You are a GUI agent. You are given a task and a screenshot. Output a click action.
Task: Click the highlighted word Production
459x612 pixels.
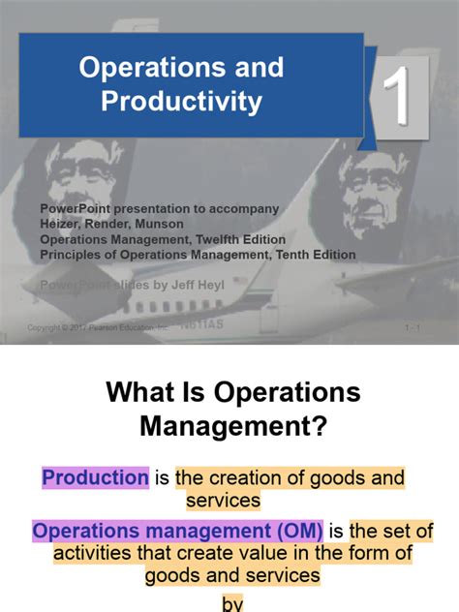tap(95, 477)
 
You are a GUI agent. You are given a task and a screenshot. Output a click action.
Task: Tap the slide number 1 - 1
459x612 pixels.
tap(413, 328)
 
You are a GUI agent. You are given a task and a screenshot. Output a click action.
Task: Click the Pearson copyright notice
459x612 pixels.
tap(98, 328)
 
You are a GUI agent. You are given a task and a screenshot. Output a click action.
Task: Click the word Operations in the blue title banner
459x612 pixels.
tap(143, 68)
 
